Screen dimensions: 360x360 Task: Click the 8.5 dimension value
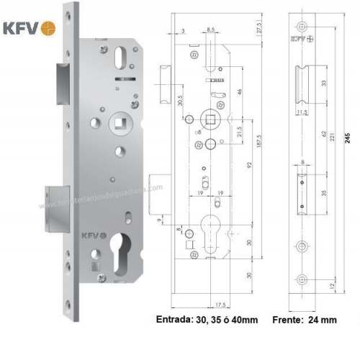[x=211, y=28]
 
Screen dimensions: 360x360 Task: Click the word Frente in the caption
[x=287, y=320]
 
